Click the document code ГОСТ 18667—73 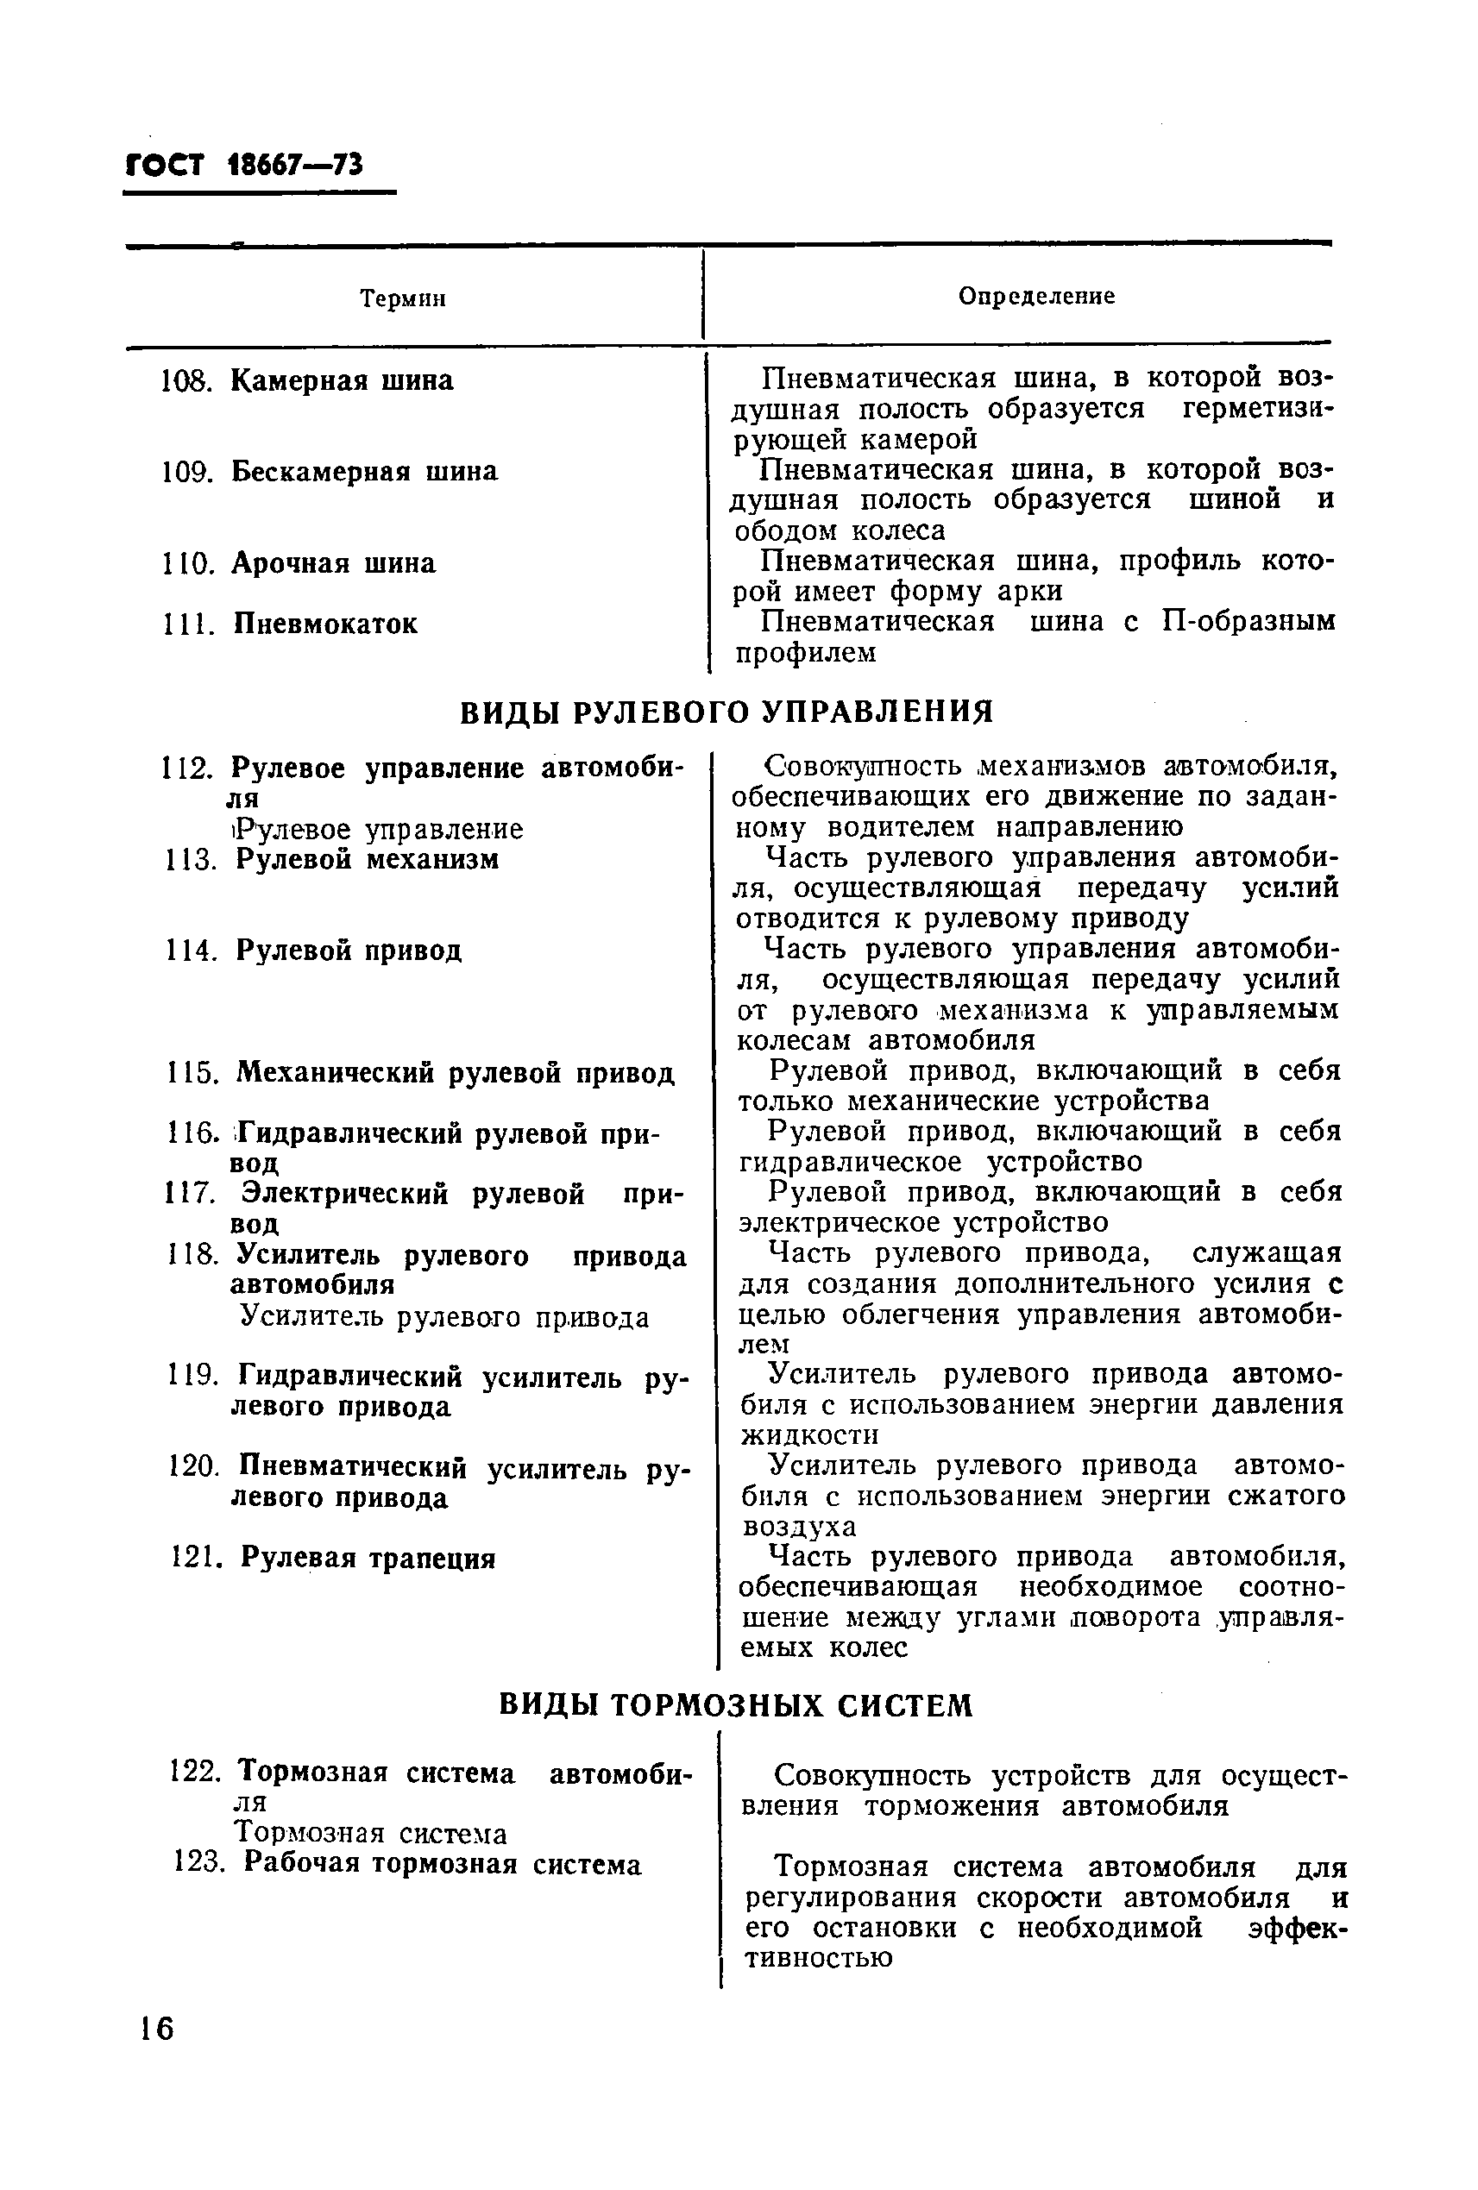click(x=243, y=164)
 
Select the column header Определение click(x=1036, y=296)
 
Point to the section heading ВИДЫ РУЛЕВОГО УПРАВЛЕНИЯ click(x=726, y=711)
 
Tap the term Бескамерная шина click(x=364, y=471)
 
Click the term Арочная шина click(x=334, y=563)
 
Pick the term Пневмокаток click(x=325, y=624)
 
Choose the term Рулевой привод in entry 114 click(x=349, y=950)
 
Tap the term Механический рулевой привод click(x=456, y=1072)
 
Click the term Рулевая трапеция click(x=368, y=1558)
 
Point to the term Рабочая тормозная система click(x=442, y=1864)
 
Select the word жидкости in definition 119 click(x=809, y=1436)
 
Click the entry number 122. click(x=195, y=1772)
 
